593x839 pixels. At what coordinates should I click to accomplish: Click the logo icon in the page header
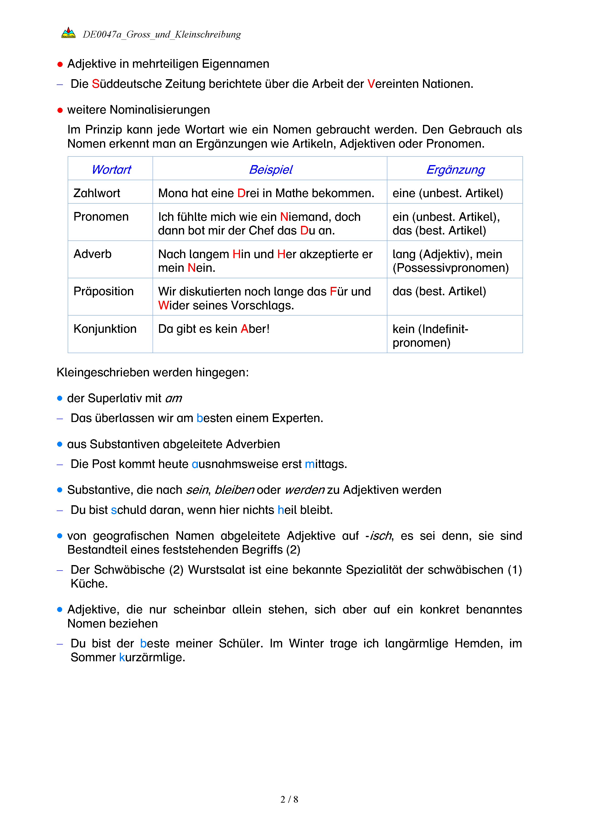[68, 33]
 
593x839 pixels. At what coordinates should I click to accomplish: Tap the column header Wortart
[111, 170]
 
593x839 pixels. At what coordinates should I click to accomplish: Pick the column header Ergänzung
[455, 170]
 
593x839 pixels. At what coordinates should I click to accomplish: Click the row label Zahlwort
[97, 193]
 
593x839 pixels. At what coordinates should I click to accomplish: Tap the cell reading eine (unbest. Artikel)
[447, 193]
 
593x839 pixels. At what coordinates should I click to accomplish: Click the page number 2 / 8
[289, 799]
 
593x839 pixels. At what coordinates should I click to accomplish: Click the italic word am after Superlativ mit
[173, 398]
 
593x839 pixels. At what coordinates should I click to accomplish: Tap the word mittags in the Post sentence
[325, 464]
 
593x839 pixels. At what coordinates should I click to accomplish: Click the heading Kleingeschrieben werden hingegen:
[152, 372]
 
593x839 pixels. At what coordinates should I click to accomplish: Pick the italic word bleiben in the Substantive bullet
[234, 490]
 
